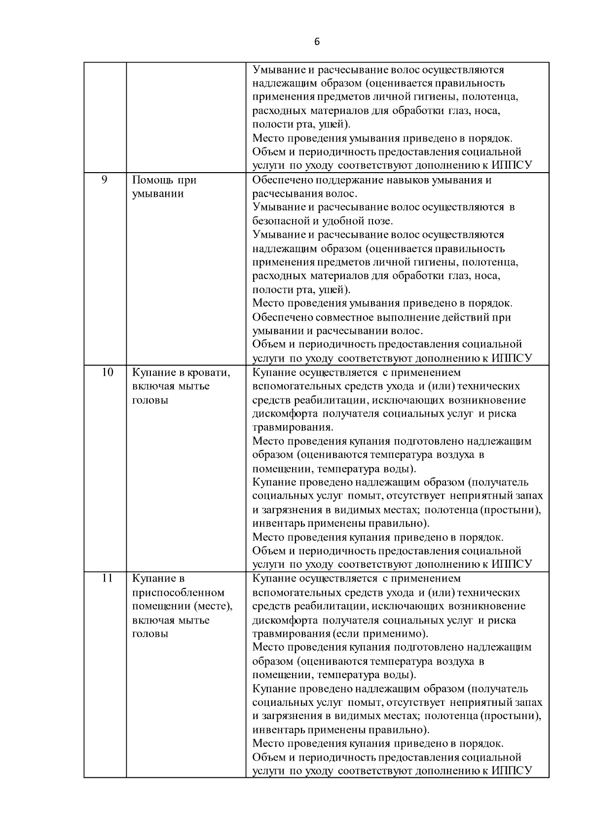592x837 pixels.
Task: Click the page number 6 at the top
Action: (317, 42)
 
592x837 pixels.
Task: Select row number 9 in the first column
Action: (105, 180)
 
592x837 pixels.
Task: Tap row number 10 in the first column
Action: (107, 372)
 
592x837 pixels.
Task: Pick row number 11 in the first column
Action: (107, 579)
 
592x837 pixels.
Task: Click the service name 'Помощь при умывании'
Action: (164, 186)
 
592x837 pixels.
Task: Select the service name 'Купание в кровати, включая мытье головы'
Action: (181, 386)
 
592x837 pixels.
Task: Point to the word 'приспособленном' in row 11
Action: (178, 592)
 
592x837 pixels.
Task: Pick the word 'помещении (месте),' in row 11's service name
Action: (182, 606)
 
